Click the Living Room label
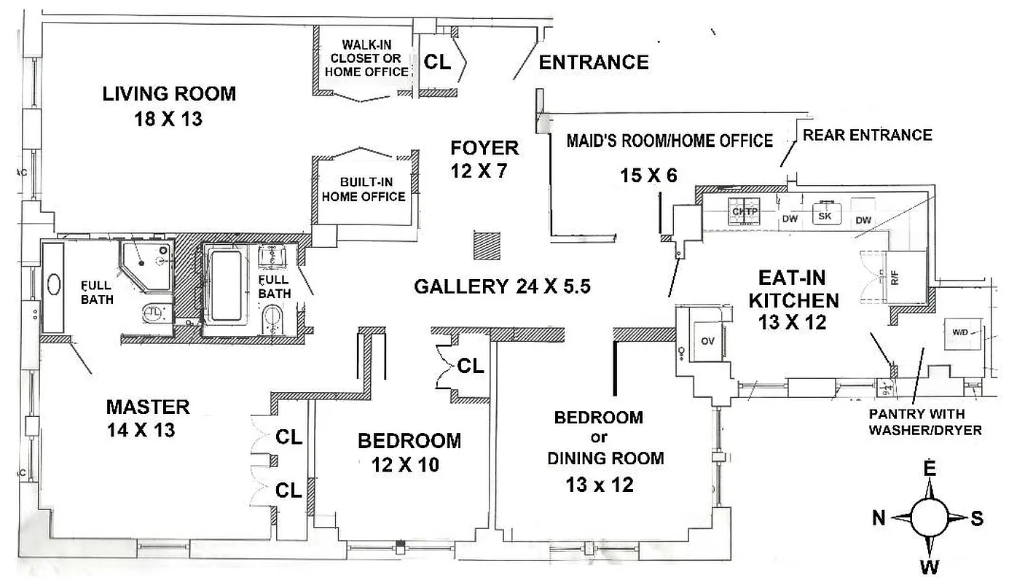(x=169, y=93)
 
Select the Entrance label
(x=593, y=63)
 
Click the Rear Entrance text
(x=867, y=135)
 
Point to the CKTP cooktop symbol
(x=745, y=212)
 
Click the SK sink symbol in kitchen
(x=825, y=215)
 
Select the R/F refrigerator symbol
(x=894, y=278)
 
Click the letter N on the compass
(x=879, y=518)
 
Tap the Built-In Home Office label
(x=364, y=189)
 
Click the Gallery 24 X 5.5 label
(x=501, y=286)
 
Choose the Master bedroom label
(x=148, y=407)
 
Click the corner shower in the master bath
(x=146, y=262)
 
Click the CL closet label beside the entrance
(x=437, y=63)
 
